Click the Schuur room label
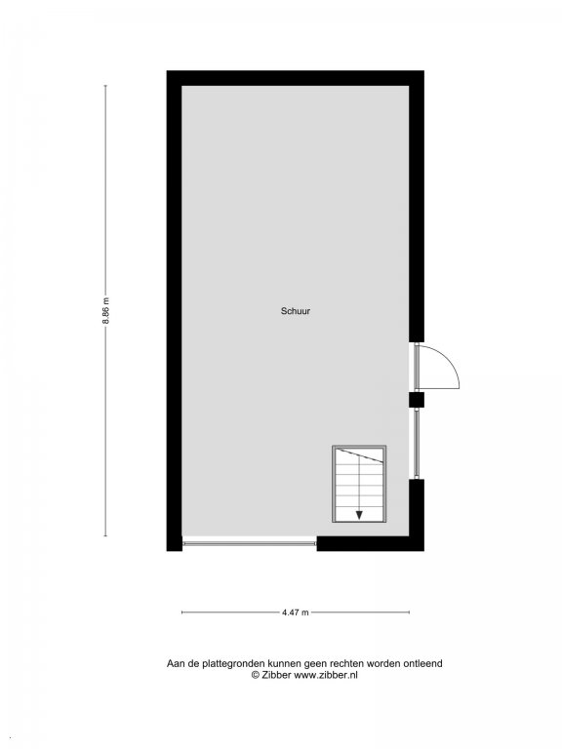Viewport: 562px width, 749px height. coord(296,311)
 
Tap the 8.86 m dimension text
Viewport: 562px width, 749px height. coord(105,311)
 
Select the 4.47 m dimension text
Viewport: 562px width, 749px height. coord(296,611)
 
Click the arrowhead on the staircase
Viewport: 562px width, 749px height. coord(359,515)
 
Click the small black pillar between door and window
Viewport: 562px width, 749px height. coord(417,399)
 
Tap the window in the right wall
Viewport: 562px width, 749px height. coord(417,443)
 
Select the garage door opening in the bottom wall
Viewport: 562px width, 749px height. coord(250,542)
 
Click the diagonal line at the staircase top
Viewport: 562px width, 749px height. coord(360,455)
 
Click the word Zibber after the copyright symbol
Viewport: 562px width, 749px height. coord(276,675)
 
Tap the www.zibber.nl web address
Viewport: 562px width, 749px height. coord(326,675)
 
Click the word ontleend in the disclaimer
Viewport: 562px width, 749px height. coord(423,663)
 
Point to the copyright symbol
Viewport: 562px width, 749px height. coord(256,675)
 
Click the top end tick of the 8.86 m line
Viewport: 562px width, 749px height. coord(105,86)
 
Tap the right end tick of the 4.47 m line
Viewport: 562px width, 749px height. coord(409,611)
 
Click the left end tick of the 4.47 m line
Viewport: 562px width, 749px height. coord(182,611)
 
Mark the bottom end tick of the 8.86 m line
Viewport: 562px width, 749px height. coord(105,536)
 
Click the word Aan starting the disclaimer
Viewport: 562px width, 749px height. coord(175,663)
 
